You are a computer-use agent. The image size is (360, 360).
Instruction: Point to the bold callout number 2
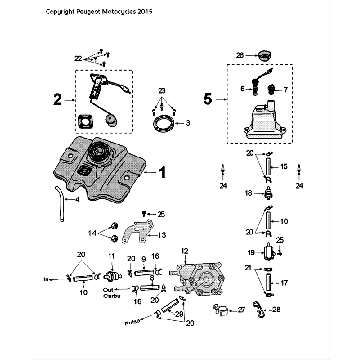[x=58, y=98]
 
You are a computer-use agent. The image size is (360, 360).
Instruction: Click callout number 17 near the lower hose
[x=285, y=281]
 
